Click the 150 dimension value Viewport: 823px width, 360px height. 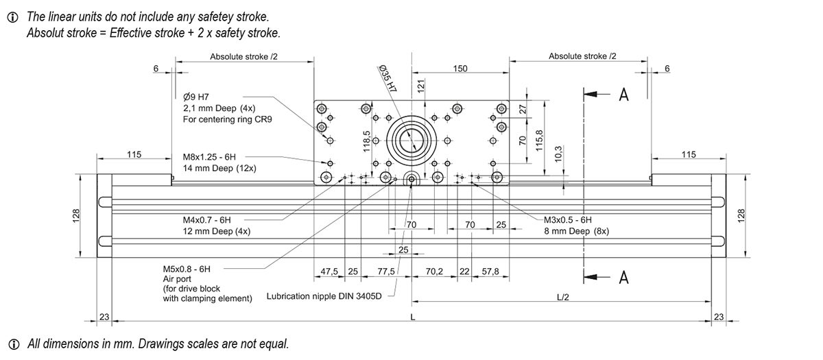click(x=461, y=69)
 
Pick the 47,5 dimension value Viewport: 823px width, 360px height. click(x=330, y=272)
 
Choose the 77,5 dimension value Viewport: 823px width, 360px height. click(x=387, y=272)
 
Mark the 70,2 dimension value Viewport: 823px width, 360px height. click(x=434, y=272)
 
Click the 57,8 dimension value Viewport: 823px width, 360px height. click(x=490, y=272)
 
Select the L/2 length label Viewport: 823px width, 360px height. click(x=562, y=297)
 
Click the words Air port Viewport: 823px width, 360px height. click(x=177, y=279)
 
